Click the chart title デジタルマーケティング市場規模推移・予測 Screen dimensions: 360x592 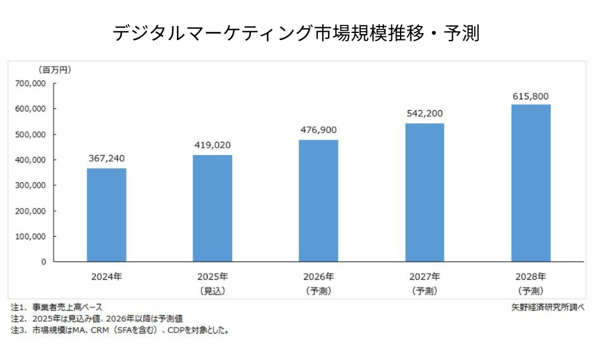(295, 33)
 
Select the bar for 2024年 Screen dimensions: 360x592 (107, 214)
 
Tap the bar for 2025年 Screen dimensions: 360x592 (213, 208)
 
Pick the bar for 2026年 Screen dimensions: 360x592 (319, 201)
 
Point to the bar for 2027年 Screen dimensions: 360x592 (424, 192)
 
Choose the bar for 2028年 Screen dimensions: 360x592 (531, 183)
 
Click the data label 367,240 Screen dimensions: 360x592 (107, 158)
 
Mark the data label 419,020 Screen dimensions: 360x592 (213, 145)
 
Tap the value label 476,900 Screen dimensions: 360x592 (319, 130)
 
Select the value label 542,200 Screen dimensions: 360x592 (424, 113)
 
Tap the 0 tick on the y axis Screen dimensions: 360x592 (43, 262)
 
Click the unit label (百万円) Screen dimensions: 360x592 (54, 70)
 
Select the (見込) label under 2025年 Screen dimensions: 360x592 (213, 291)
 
